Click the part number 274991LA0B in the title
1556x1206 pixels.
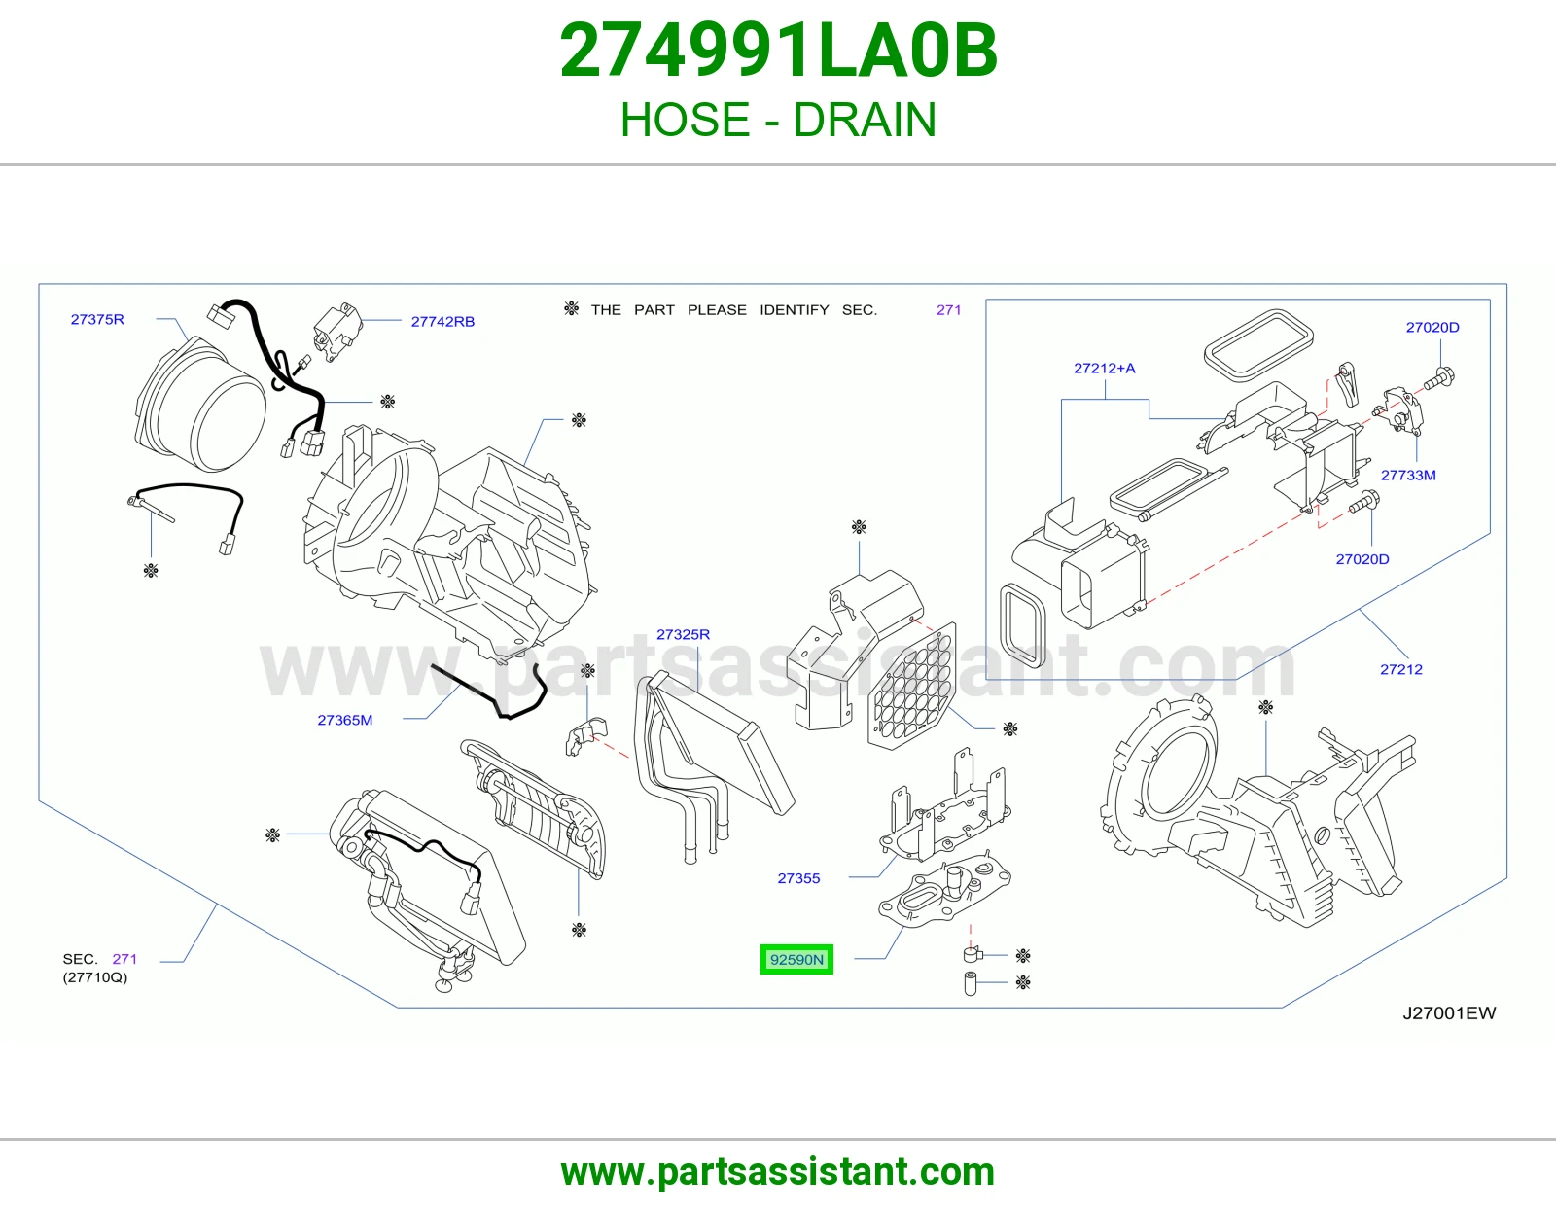coord(778,51)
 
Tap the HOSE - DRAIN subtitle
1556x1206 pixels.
coord(778,120)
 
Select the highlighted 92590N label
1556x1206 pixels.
coord(796,960)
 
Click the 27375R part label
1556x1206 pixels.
coord(97,319)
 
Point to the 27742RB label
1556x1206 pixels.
coord(442,322)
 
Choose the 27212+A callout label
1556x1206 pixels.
coord(1104,368)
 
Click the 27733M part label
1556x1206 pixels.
coord(1408,475)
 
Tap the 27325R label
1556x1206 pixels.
coord(683,634)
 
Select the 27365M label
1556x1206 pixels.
coord(345,720)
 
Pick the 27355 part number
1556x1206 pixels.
coord(798,878)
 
